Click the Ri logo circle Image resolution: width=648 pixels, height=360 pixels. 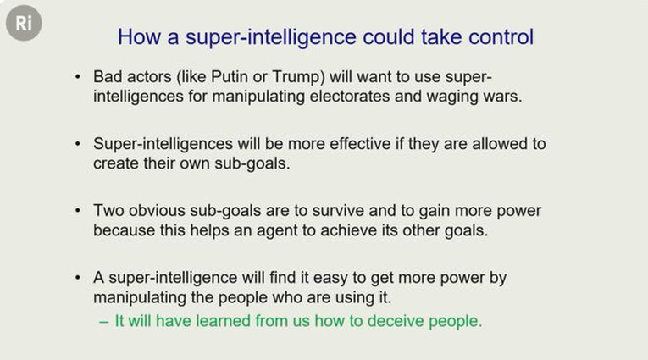tap(24, 23)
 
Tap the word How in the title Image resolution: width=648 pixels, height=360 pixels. tap(139, 36)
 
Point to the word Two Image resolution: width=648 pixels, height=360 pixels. tap(108, 211)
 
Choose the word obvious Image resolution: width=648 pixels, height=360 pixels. tap(157, 211)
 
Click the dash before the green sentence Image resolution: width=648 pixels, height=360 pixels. tap(104, 322)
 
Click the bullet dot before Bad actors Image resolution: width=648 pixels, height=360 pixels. tap(78, 77)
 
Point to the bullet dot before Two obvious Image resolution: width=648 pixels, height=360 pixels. tap(78, 211)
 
